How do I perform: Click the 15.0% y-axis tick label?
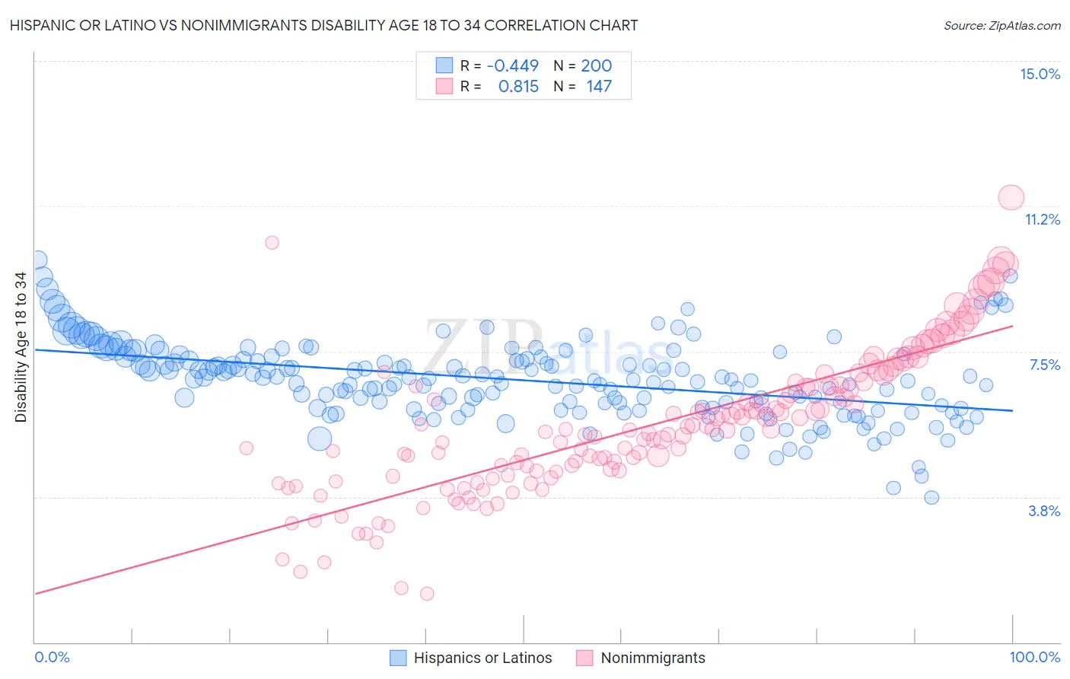pos(1040,74)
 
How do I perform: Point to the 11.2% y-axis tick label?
pos(1042,219)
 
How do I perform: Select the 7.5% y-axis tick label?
pos(1044,365)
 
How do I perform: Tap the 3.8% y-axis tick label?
pos(1044,511)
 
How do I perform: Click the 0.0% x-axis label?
pos(53,657)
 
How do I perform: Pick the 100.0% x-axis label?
pos(1034,657)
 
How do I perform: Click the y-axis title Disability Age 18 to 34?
pos(21,347)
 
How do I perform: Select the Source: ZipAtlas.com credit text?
pos(1002,25)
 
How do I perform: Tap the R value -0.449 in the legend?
pos(512,65)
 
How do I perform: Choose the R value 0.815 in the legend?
pos(518,86)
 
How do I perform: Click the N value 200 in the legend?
pos(596,65)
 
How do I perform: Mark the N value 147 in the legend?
pos(599,86)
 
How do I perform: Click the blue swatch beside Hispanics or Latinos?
pos(398,658)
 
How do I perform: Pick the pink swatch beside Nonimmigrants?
pos(584,658)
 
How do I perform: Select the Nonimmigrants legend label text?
pos(653,658)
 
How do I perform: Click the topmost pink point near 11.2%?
pos(1011,197)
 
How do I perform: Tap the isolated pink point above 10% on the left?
pos(272,243)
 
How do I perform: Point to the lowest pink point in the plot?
pos(427,593)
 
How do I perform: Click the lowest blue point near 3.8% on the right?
pos(931,498)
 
